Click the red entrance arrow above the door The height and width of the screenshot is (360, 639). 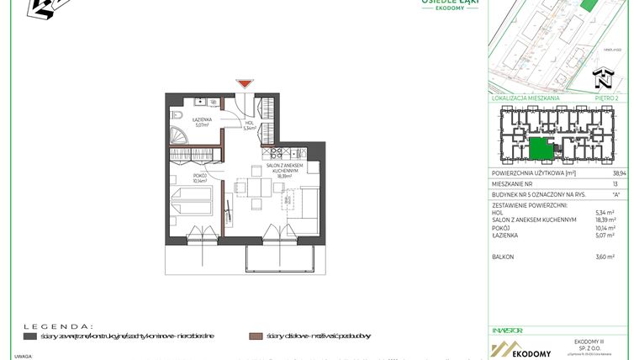tap(244, 83)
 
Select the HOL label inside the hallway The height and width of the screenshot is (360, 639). tap(249, 124)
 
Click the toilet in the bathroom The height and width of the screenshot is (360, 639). tap(177, 115)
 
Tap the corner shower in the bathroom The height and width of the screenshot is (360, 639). tap(178, 135)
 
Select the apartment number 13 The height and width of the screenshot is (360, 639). tap(615, 183)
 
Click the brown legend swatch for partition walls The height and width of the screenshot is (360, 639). tap(255, 336)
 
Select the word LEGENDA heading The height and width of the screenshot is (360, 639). tap(58, 325)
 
